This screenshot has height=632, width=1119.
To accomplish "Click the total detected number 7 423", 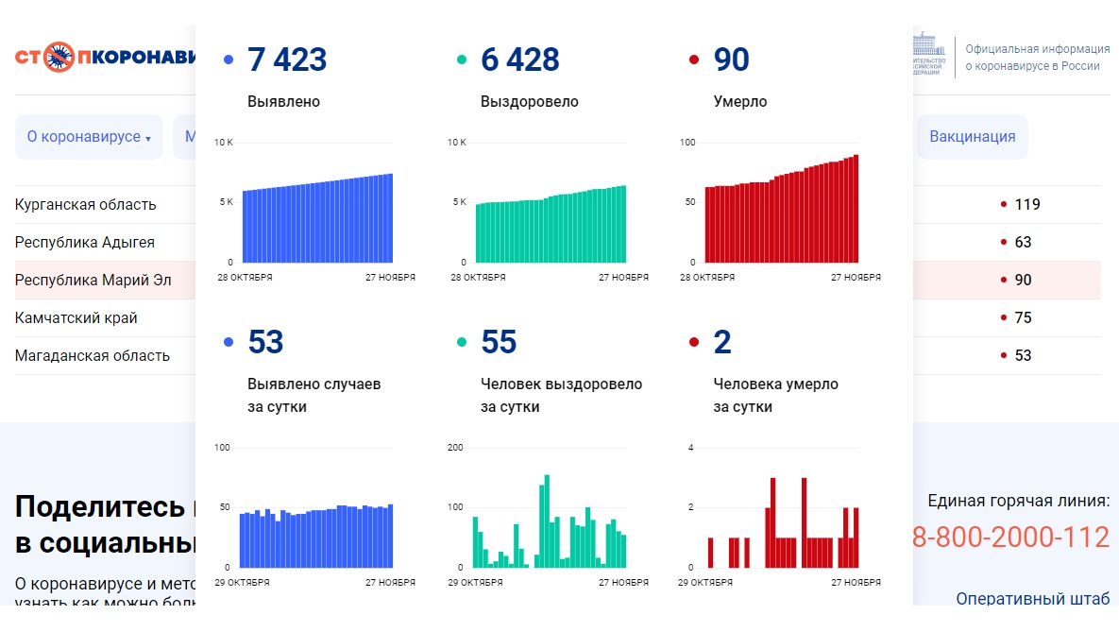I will click(287, 60).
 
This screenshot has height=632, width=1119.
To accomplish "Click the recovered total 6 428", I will click(519, 60).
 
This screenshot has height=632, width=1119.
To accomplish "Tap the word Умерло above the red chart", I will click(740, 101).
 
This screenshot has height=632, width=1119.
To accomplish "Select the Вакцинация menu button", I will click(972, 136).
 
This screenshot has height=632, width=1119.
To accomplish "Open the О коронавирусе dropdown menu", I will click(89, 137).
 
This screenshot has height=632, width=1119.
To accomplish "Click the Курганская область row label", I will click(86, 204).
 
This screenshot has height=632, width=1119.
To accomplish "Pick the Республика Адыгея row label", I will click(85, 242).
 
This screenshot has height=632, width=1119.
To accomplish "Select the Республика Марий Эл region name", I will click(93, 280).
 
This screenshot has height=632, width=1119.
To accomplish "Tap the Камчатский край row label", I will click(76, 317).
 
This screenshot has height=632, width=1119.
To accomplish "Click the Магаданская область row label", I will click(93, 355).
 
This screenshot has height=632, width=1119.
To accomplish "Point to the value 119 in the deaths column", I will click(1026, 204).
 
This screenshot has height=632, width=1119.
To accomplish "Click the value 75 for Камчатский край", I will click(1023, 317).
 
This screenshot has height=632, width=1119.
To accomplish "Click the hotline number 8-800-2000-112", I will click(1010, 537).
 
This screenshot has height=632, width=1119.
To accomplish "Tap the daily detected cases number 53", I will click(265, 342).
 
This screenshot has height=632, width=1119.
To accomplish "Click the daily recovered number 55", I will click(499, 342).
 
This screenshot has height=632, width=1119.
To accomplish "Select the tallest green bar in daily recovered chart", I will click(547, 521).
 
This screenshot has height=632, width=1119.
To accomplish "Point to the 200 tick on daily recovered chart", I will click(455, 447).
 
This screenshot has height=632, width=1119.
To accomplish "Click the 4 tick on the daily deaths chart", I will click(690, 447).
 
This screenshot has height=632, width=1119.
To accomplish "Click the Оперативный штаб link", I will click(1032, 599).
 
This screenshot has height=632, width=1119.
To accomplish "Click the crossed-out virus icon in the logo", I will click(59, 57).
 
